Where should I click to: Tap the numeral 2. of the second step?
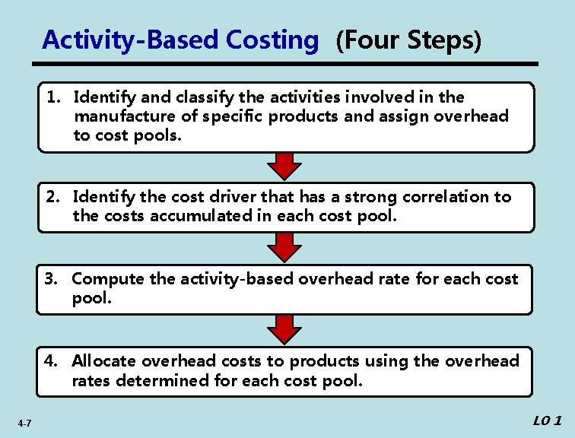point(53,197)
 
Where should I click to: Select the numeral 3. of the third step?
point(52,279)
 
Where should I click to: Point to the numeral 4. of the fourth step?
point(52,361)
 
